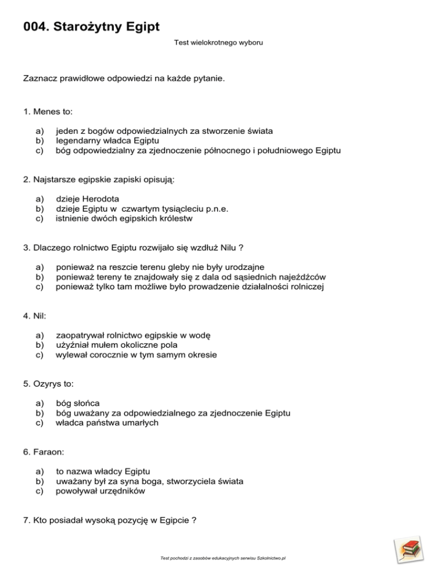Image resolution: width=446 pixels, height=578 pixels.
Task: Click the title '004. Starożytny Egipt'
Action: click(91, 26)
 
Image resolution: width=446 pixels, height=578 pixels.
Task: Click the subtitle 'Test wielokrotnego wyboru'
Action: click(218, 43)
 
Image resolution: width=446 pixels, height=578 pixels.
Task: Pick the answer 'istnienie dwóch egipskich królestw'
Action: click(124, 219)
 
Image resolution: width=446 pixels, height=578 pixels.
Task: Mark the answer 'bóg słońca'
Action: click(78, 403)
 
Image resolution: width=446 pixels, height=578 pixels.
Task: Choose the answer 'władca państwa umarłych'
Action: click(107, 423)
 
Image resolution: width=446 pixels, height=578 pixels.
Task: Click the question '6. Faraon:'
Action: click(44, 451)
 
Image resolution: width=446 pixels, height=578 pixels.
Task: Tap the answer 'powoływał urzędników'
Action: click(100, 490)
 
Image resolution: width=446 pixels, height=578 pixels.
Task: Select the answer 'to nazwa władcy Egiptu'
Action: click(103, 471)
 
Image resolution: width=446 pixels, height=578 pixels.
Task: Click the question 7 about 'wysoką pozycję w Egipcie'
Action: click(109, 520)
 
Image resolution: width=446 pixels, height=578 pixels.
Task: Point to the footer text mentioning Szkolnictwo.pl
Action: click(224, 558)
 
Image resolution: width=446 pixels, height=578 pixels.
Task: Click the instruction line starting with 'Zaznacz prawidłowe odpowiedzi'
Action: click(123, 78)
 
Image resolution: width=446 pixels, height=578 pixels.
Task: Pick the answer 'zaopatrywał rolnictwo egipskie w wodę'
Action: click(133, 335)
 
